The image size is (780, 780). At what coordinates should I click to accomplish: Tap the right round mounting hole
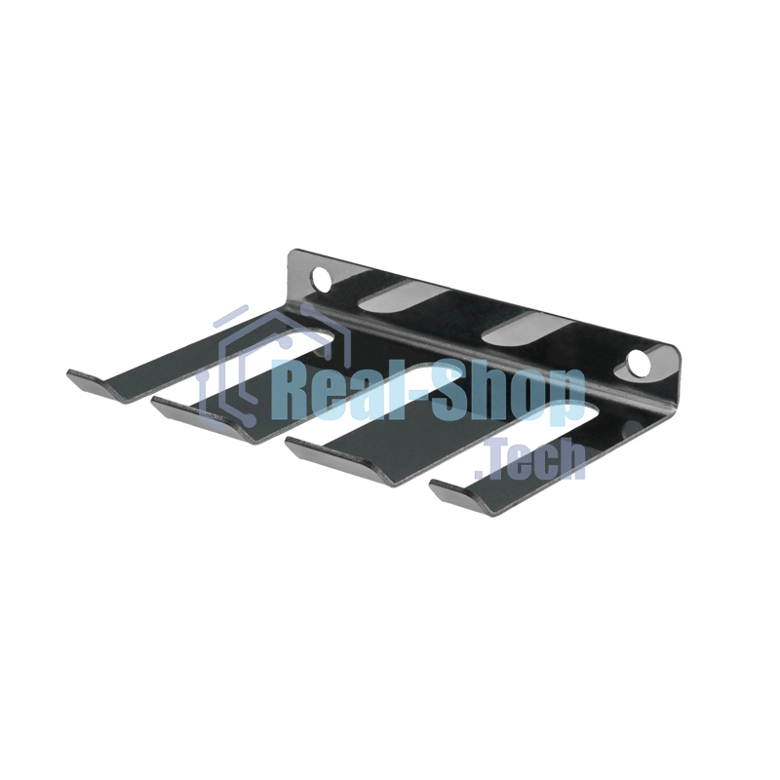639,364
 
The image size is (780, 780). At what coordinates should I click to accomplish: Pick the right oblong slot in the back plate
527,329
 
